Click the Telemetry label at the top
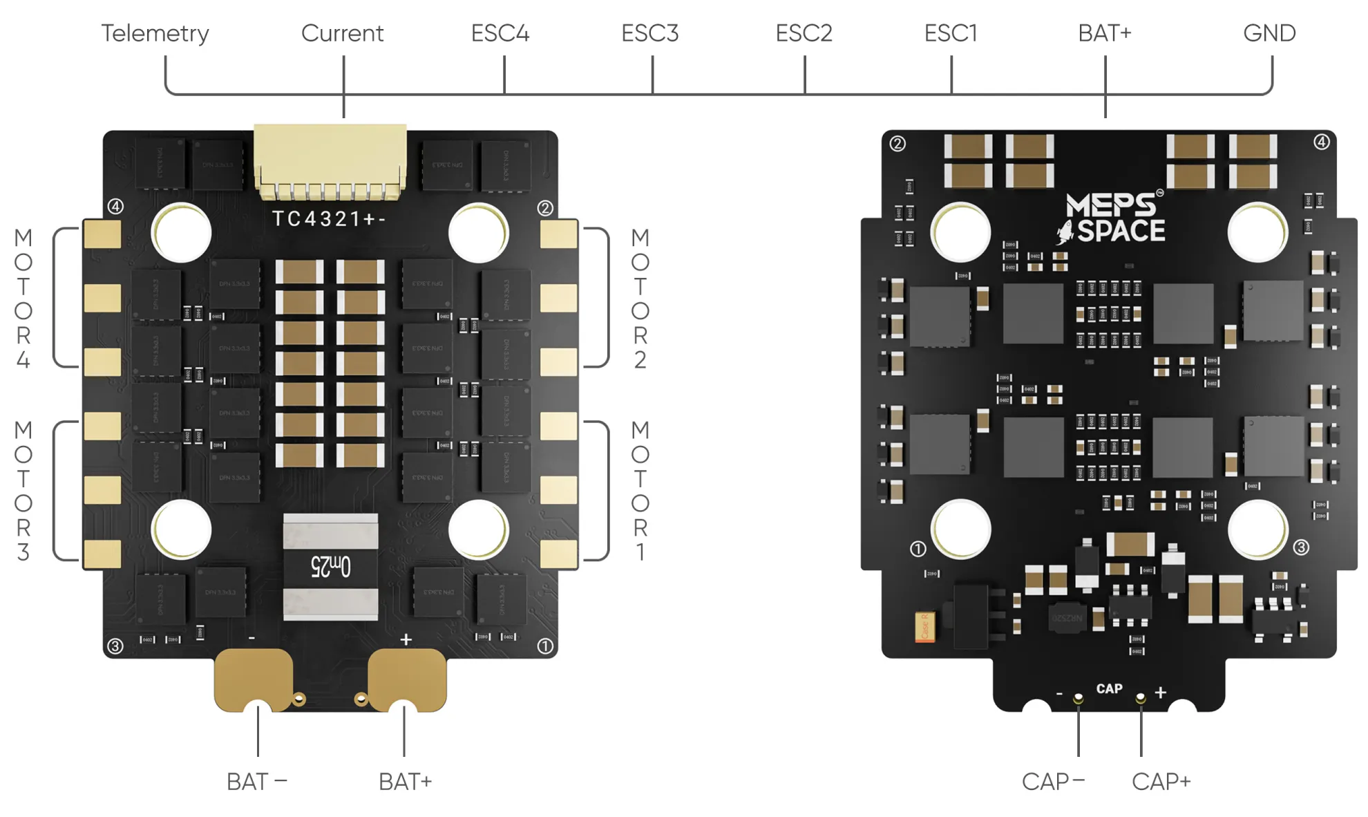tap(155, 33)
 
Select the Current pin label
tap(342, 33)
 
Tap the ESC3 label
tap(649, 33)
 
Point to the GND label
tap(1269, 33)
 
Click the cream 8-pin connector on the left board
tap(330, 159)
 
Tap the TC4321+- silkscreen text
tap(329, 219)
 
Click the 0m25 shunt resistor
tap(330, 566)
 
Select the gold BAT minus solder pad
tap(253, 677)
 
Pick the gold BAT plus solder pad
tap(408, 677)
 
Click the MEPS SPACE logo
tap(1112, 218)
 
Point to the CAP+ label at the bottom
tap(1161, 782)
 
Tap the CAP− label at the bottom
tap(1052, 782)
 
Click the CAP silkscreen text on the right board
tap(1109, 688)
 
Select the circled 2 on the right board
tap(897, 144)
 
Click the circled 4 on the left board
tap(115, 207)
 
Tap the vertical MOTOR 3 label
tap(23, 491)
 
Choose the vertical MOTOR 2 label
tap(640, 299)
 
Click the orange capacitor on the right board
tap(924, 627)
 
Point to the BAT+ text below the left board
tap(405, 782)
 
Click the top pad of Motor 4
tap(102, 234)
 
